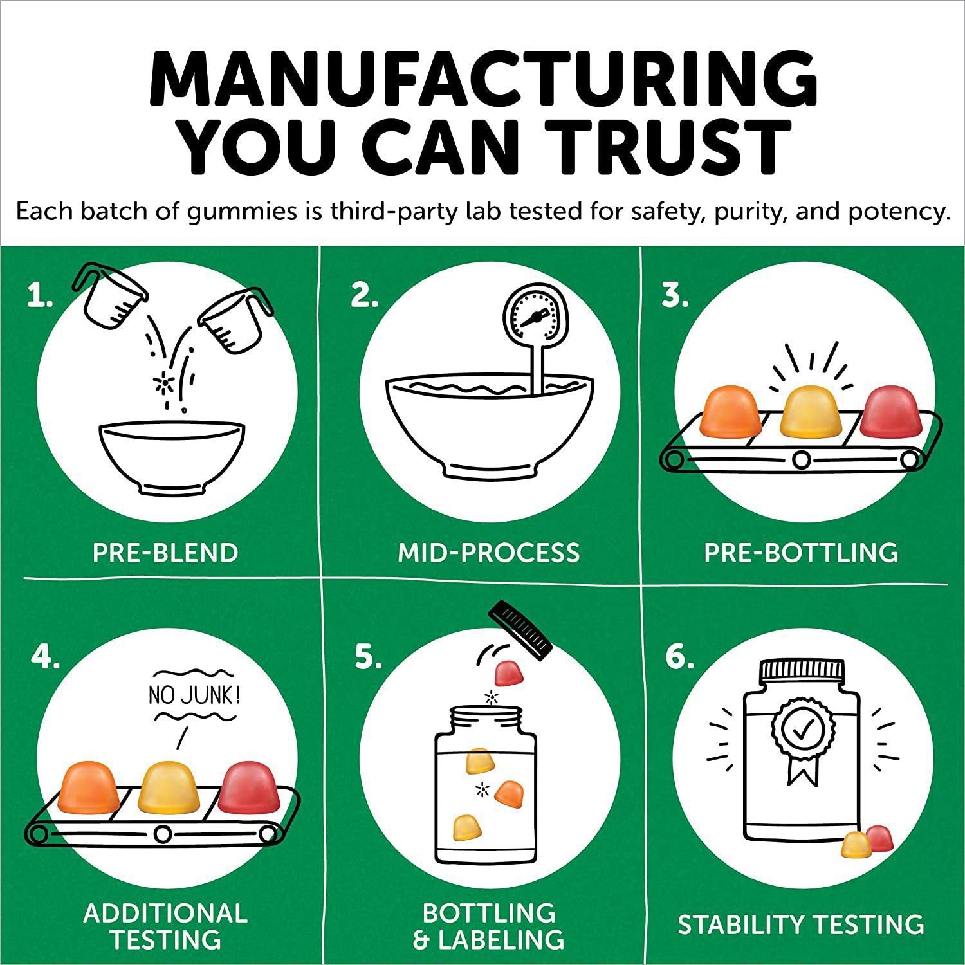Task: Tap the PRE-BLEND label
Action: click(x=165, y=553)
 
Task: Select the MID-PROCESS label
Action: click(x=489, y=553)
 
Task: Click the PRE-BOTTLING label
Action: click(x=801, y=553)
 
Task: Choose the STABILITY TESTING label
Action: click(x=801, y=924)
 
